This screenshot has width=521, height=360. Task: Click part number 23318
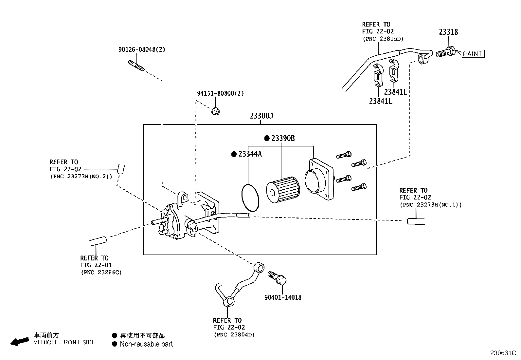[448, 32]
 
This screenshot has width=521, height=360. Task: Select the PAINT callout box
[473, 53]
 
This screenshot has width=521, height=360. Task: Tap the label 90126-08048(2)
[141, 49]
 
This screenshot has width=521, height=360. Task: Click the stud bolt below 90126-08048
[136, 66]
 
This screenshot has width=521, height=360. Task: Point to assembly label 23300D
[261, 116]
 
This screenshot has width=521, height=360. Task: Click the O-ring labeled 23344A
[250, 198]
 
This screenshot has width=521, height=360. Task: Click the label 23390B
[283, 138]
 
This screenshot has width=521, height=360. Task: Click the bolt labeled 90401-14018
[277, 278]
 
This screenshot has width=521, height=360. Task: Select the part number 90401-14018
[283, 297]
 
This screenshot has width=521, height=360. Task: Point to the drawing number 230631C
[503, 353]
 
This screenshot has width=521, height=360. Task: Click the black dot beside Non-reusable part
[114, 344]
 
